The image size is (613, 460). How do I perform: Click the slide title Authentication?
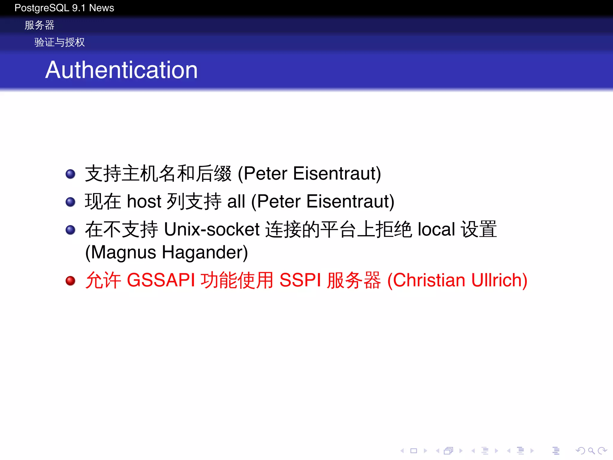point(121,70)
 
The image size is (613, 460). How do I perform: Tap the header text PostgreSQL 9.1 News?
point(64,8)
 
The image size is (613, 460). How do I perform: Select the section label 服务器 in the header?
point(39,25)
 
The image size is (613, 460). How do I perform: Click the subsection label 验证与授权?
point(60,42)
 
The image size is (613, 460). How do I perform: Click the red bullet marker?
point(70,281)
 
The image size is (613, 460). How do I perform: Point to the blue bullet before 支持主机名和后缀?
point(70,174)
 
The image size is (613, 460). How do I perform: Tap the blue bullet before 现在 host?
point(70,202)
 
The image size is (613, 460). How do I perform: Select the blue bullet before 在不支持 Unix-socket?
point(70,230)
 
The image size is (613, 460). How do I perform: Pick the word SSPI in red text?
point(300,280)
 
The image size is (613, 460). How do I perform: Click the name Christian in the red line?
point(426,280)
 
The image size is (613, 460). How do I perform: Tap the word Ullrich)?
point(499,280)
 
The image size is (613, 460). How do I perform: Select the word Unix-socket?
point(212,229)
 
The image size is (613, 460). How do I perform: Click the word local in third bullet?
point(436,229)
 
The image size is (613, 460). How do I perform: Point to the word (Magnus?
point(121,252)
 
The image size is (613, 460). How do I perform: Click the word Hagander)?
point(205,252)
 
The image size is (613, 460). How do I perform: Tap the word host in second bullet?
point(144,201)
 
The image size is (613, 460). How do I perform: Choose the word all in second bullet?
point(236,201)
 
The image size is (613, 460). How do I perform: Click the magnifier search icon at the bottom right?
point(591,451)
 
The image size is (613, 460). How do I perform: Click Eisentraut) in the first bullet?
point(337,173)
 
